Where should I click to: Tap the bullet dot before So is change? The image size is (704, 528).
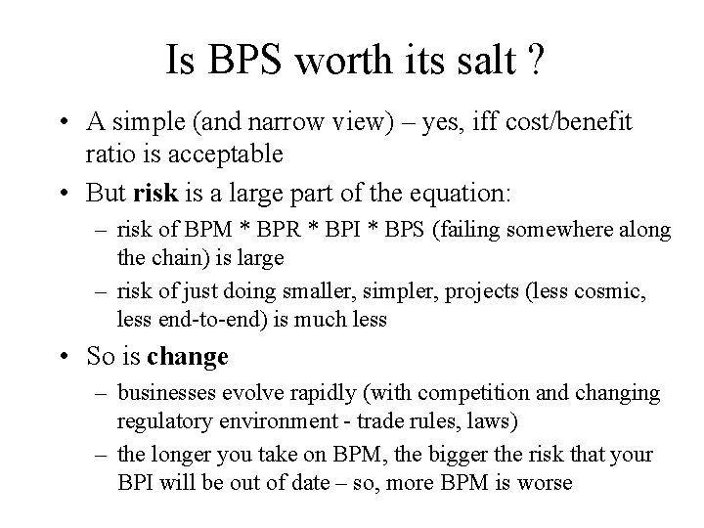coord(64,356)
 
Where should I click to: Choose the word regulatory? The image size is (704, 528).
coord(162,420)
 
